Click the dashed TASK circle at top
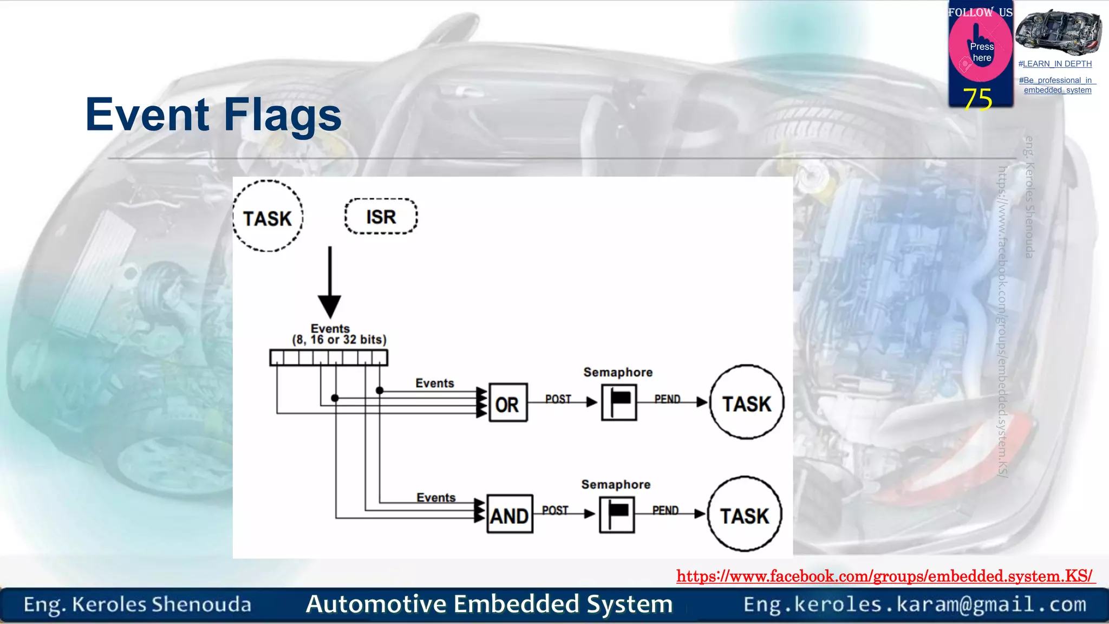tap(268, 216)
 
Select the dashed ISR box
tap(381, 217)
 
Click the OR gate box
tap(507, 403)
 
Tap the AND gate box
tap(509, 514)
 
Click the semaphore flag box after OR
tap(619, 402)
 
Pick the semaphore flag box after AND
tap(617, 514)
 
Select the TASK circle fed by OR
tap(747, 402)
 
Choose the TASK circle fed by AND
tap(745, 515)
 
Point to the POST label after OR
tap(558, 399)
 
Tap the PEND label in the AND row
tap(665, 510)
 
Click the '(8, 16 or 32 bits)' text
tap(339, 340)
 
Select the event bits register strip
tap(329, 358)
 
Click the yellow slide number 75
tap(977, 99)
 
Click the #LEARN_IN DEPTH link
tap(1055, 64)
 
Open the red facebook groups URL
tap(885, 576)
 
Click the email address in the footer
tap(915, 604)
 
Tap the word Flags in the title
tap(282, 115)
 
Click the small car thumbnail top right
tap(1058, 32)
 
